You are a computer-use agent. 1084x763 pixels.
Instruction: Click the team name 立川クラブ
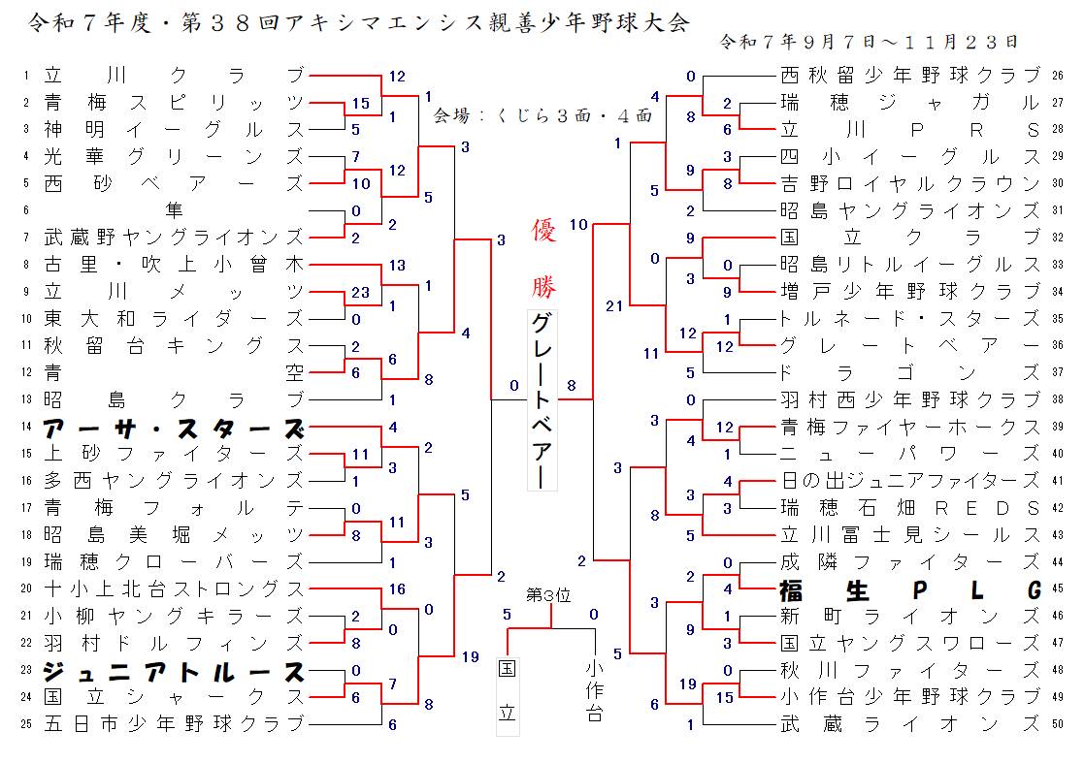[174, 75]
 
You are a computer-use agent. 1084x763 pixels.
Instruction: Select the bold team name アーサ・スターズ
[174, 429]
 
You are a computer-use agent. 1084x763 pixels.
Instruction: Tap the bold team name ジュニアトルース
[174, 671]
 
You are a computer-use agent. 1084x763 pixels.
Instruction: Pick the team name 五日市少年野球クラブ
[174, 723]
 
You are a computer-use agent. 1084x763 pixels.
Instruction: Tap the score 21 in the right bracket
[613, 306]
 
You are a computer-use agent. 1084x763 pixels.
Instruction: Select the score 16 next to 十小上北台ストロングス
[396, 589]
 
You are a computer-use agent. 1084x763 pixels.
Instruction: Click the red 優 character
[543, 232]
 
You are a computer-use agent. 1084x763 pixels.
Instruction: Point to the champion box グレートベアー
[542, 401]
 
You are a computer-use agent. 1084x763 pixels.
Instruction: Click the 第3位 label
[548, 594]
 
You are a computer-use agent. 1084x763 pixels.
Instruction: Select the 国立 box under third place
[508, 695]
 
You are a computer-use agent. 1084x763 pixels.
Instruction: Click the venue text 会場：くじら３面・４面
[542, 114]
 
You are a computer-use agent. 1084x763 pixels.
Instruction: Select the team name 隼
[174, 209]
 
